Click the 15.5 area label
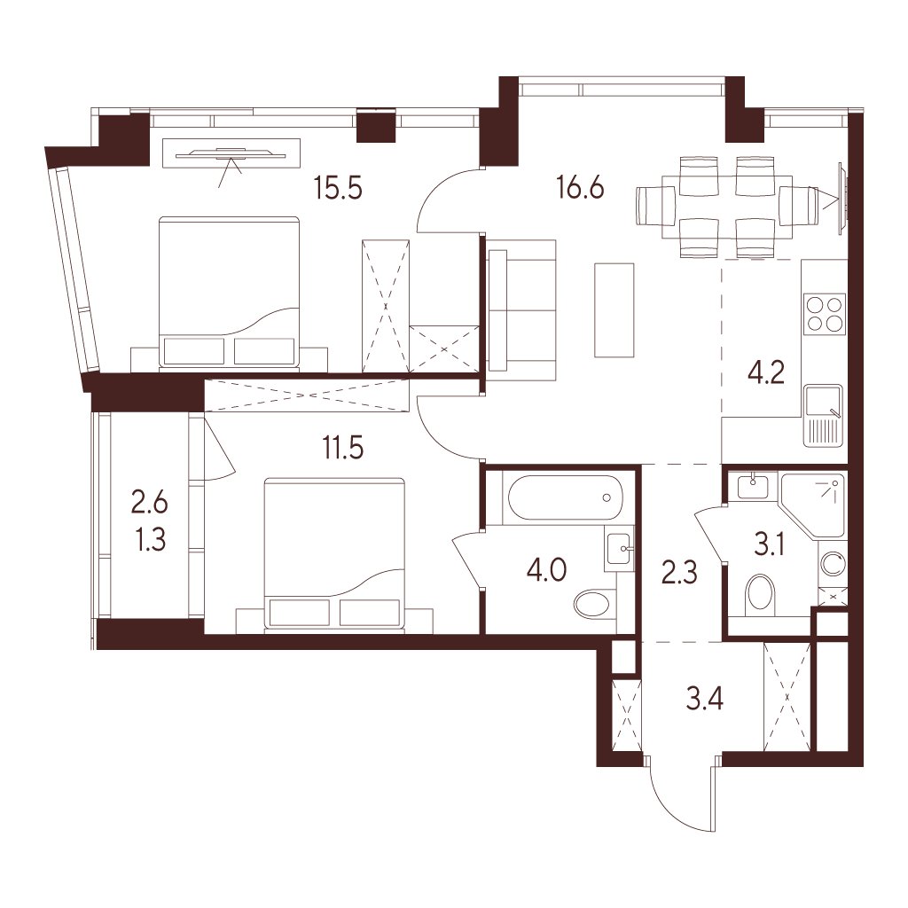338,188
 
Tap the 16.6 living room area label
580,187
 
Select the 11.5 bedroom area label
343,448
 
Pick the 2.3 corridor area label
679,572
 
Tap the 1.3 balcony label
151,539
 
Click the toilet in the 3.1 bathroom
761,595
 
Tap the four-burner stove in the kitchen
824,313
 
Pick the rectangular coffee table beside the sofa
614,309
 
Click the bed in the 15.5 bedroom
230,292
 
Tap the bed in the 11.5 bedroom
334,553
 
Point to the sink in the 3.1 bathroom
753,485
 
